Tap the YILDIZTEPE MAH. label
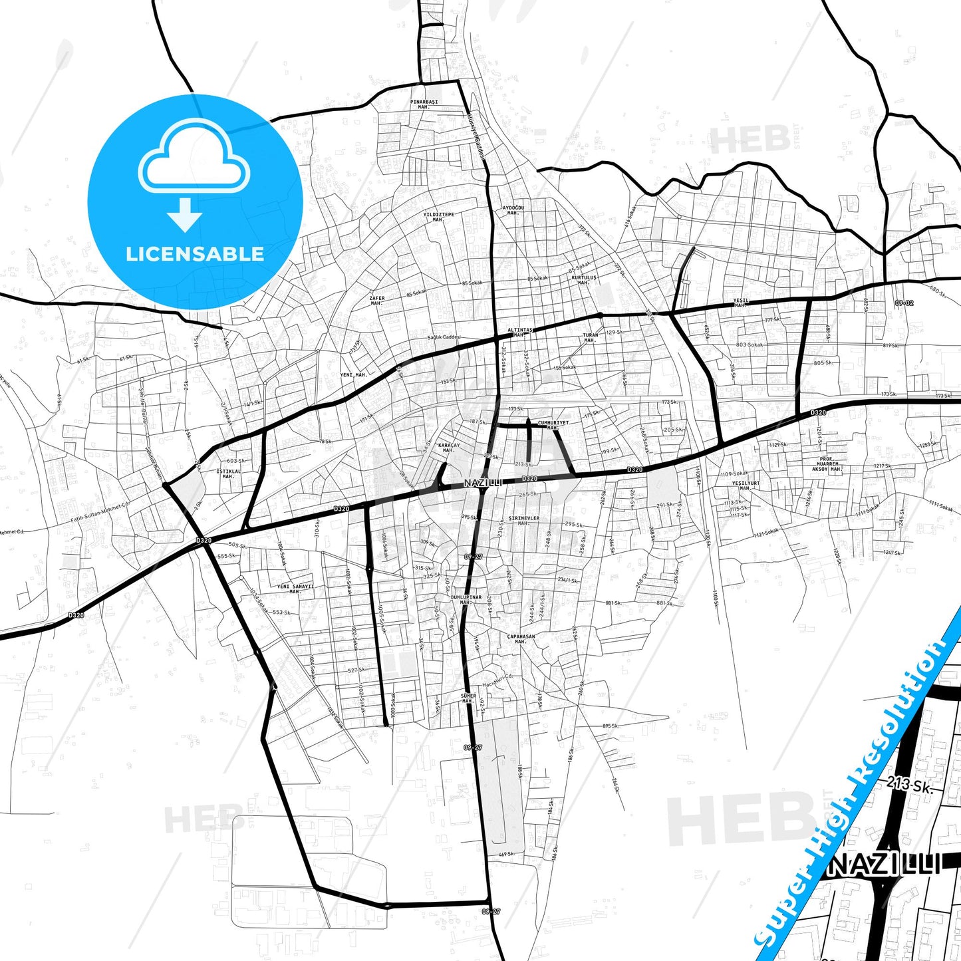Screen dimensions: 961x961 (x=438, y=217)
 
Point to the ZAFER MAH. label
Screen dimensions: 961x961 (x=377, y=301)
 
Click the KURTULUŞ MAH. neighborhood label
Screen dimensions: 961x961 (x=584, y=280)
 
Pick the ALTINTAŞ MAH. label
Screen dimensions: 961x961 (x=520, y=332)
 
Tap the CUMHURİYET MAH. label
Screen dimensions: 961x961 (x=553, y=425)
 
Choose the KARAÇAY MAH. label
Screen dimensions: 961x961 (x=449, y=448)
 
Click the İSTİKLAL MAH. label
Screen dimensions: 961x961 (x=228, y=474)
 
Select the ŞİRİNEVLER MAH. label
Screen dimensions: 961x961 (x=523, y=520)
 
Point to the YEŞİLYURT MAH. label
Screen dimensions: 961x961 (x=745, y=485)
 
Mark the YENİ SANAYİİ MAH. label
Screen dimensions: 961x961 (x=295, y=589)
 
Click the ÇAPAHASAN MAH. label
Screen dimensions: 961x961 (x=521, y=638)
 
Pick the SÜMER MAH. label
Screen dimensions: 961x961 (x=468, y=698)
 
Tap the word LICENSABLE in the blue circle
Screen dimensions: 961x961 (x=195, y=253)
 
